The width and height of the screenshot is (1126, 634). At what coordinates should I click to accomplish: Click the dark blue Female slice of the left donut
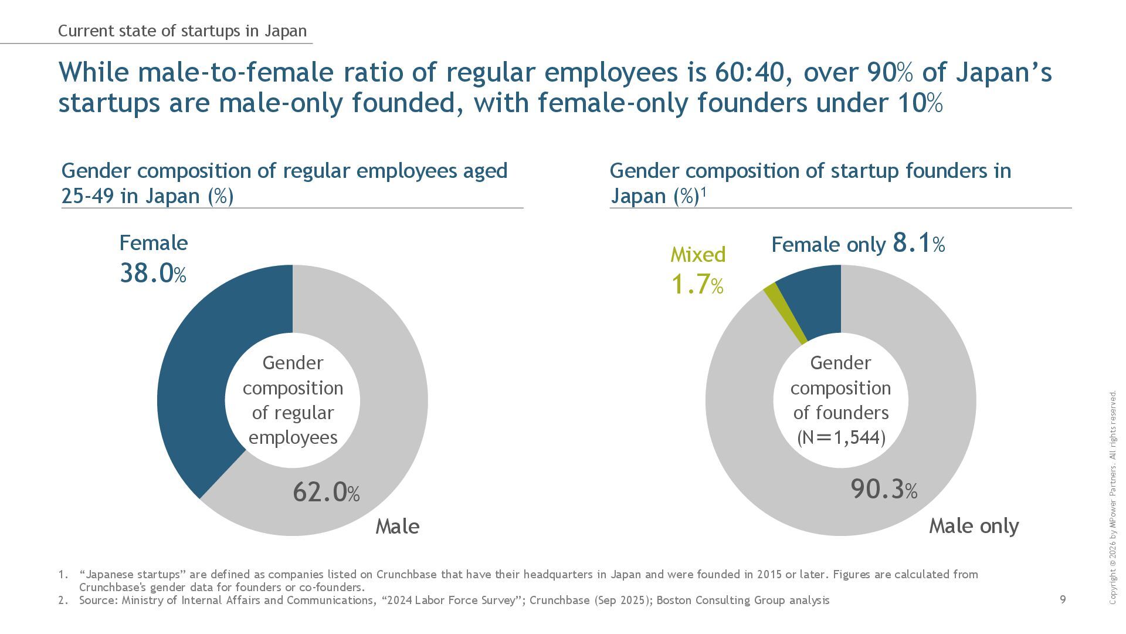(194, 376)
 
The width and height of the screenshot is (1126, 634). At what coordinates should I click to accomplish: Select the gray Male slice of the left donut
(387, 411)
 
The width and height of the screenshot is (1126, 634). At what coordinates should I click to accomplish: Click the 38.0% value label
(152, 274)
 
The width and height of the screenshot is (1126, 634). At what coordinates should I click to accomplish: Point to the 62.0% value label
(326, 492)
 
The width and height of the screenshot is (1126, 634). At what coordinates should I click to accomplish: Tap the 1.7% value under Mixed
(697, 285)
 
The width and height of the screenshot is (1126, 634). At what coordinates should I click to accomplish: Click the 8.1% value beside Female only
(918, 242)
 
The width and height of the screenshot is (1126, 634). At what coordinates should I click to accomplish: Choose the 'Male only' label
(974, 526)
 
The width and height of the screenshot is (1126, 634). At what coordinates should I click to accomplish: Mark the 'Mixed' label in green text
(698, 254)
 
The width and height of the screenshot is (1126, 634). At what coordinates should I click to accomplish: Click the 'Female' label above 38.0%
(154, 243)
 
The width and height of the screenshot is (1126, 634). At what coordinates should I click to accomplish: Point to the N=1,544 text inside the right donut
(840, 438)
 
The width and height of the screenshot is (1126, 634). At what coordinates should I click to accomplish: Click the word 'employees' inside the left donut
(293, 438)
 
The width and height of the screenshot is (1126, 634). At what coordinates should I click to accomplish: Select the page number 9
(1063, 599)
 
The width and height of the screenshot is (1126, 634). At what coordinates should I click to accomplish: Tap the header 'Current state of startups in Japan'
(182, 31)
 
